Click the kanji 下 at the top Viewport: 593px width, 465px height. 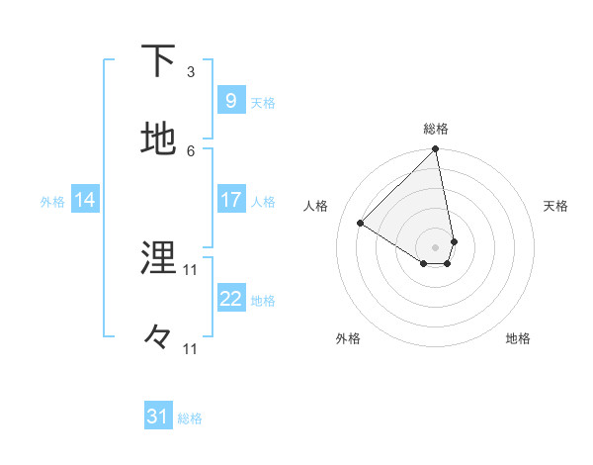[x=159, y=61]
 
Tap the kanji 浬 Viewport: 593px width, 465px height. [x=159, y=258]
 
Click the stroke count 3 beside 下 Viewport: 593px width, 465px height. [x=191, y=72]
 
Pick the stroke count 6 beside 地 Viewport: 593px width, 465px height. [x=191, y=150]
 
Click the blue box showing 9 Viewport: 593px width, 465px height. [x=230, y=100]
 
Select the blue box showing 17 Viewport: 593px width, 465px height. [x=230, y=200]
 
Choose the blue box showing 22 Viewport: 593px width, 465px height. [x=230, y=299]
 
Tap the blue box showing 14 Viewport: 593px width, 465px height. [x=84, y=200]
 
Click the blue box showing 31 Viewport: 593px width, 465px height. [x=158, y=417]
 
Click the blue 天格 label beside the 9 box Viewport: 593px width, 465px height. [x=263, y=103]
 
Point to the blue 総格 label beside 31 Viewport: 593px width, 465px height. [x=190, y=418]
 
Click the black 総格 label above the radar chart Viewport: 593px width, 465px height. [x=436, y=129]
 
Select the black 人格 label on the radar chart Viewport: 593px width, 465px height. [x=316, y=206]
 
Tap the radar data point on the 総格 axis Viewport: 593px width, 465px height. [x=436, y=150]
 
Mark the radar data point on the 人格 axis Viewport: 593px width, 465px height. [x=361, y=224]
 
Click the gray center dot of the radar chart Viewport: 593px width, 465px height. [x=436, y=246]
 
